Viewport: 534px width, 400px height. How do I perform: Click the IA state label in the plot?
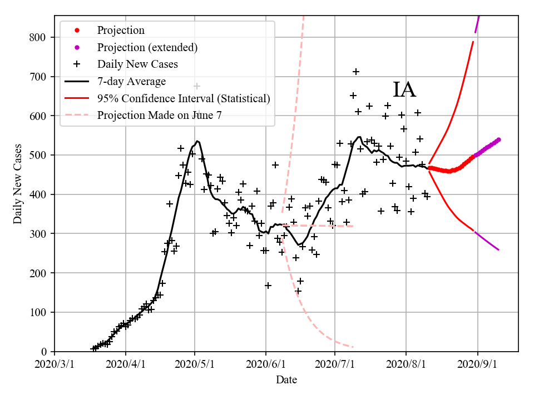click(404, 90)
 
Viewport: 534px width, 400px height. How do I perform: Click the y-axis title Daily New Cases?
click(18, 184)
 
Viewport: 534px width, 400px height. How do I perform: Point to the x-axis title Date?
click(286, 380)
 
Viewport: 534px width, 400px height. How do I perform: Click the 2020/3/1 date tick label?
click(55, 366)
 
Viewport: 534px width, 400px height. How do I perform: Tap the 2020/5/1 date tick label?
click(195, 366)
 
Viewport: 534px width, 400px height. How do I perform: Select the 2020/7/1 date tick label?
click(335, 366)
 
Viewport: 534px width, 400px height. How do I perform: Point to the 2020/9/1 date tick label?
click(478, 366)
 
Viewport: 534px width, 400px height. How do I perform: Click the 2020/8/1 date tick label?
click(407, 366)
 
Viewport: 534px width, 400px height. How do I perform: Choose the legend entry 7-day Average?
click(131, 82)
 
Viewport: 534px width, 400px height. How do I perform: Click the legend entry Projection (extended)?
click(147, 47)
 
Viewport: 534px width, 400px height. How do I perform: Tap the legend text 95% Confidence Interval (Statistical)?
click(184, 98)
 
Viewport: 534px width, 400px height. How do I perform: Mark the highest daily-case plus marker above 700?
click(356, 72)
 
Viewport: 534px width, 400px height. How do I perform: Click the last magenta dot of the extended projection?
click(498, 139)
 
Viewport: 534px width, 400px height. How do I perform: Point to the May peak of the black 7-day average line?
click(197, 141)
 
